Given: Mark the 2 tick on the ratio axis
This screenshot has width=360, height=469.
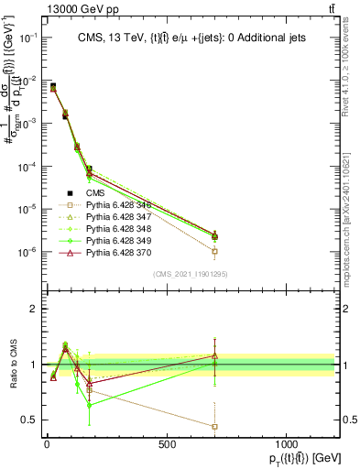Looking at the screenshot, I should pos(34,309).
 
